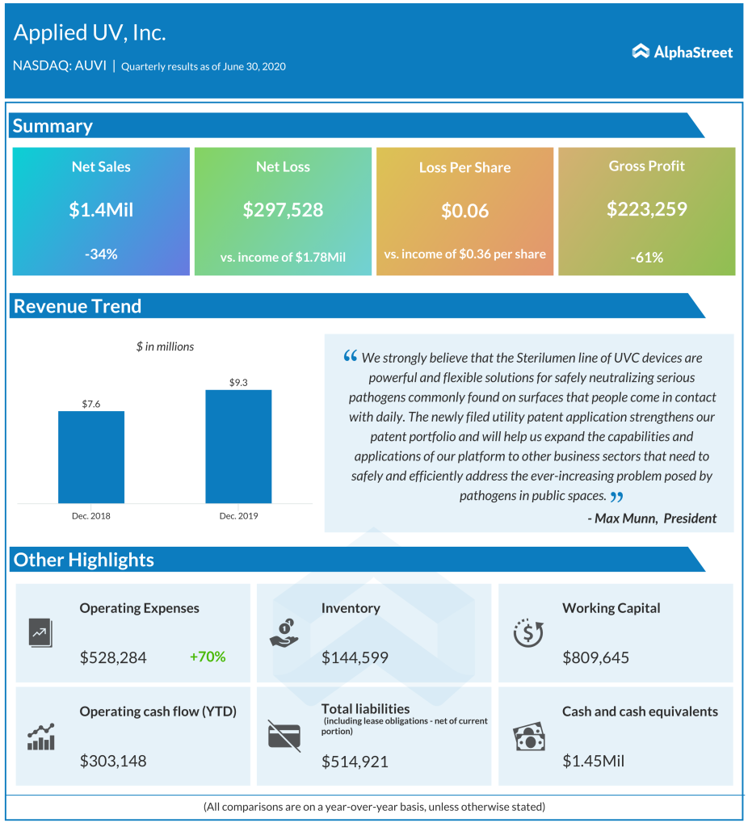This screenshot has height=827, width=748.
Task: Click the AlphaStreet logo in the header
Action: click(683, 52)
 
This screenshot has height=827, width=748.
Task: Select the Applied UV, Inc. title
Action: click(90, 33)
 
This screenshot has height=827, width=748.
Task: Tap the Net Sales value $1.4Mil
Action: click(101, 210)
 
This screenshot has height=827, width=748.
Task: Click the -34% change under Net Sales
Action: click(101, 254)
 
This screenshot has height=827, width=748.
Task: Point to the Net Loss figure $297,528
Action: click(283, 210)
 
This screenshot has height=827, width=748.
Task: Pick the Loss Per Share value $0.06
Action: click(464, 211)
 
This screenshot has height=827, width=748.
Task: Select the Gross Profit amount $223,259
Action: click(646, 209)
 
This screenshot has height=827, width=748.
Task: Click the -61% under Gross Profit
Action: click(646, 258)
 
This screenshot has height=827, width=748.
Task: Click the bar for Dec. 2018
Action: click(91, 457)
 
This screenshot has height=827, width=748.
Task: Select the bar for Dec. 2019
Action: click(238, 447)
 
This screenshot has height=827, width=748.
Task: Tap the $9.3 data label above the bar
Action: click(238, 381)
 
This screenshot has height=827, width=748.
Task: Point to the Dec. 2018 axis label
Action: click(91, 514)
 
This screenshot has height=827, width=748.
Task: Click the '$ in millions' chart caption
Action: click(165, 346)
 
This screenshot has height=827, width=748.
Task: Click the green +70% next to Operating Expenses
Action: click(208, 657)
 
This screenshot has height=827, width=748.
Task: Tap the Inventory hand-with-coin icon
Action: click(284, 633)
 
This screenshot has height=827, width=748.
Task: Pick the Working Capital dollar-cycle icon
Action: click(528, 633)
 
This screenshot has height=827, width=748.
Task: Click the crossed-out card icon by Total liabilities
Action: click(284, 736)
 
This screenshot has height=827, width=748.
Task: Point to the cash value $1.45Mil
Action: click(593, 761)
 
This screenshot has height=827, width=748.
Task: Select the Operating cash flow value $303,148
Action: click(113, 761)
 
